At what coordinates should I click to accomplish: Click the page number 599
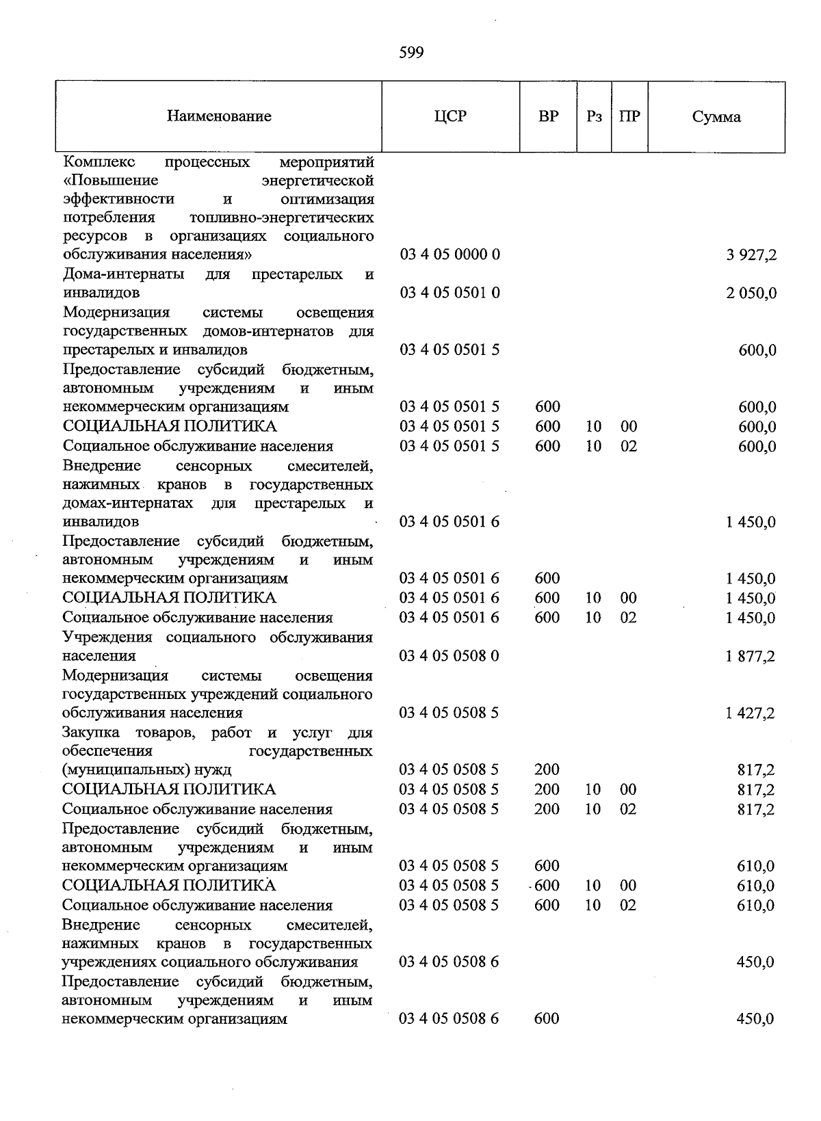pyautogui.click(x=411, y=53)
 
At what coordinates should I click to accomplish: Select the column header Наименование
pyautogui.click(x=219, y=116)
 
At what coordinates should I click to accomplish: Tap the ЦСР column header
pyautogui.click(x=450, y=116)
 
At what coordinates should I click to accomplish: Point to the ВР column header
pyautogui.click(x=548, y=116)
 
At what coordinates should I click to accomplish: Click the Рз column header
pyautogui.click(x=594, y=116)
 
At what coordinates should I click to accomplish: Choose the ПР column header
pyautogui.click(x=629, y=116)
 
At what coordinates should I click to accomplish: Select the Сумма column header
pyautogui.click(x=716, y=117)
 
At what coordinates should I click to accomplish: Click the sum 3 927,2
pyautogui.click(x=751, y=255)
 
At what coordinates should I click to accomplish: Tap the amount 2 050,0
pyautogui.click(x=751, y=293)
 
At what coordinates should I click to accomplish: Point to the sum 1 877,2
pyautogui.click(x=751, y=657)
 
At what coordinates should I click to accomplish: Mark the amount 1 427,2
pyautogui.click(x=751, y=713)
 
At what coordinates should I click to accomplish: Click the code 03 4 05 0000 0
pyautogui.click(x=450, y=255)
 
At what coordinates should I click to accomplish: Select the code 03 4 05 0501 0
pyautogui.click(x=450, y=293)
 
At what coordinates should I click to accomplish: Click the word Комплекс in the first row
pyautogui.click(x=99, y=162)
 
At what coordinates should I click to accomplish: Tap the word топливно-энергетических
pyautogui.click(x=281, y=217)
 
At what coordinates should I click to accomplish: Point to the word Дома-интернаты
pyautogui.click(x=124, y=274)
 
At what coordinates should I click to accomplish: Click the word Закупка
pyautogui.click(x=91, y=733)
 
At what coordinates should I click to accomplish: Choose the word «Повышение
pyautogui.click(x=110, y=181)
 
